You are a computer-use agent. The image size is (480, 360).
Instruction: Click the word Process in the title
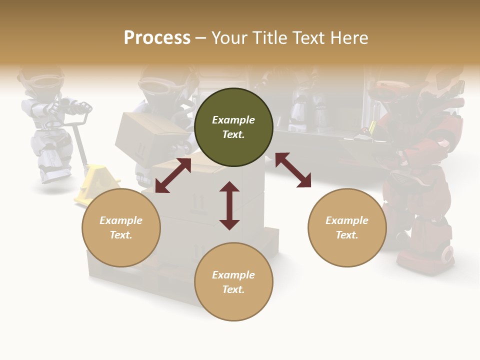[157, 38]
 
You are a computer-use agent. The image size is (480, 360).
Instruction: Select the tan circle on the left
[121, 227]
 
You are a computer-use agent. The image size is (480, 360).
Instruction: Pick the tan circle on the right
[347, 227]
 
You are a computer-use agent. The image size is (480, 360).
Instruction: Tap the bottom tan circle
[233, 282]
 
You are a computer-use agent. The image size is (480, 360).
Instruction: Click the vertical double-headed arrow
[229, 205]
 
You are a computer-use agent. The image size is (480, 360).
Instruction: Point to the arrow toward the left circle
[173, 175]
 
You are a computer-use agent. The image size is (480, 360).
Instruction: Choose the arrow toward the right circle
[293, 170]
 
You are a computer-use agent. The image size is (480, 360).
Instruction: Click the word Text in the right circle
[347, 235]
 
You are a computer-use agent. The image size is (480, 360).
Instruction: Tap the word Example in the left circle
[121, 220]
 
